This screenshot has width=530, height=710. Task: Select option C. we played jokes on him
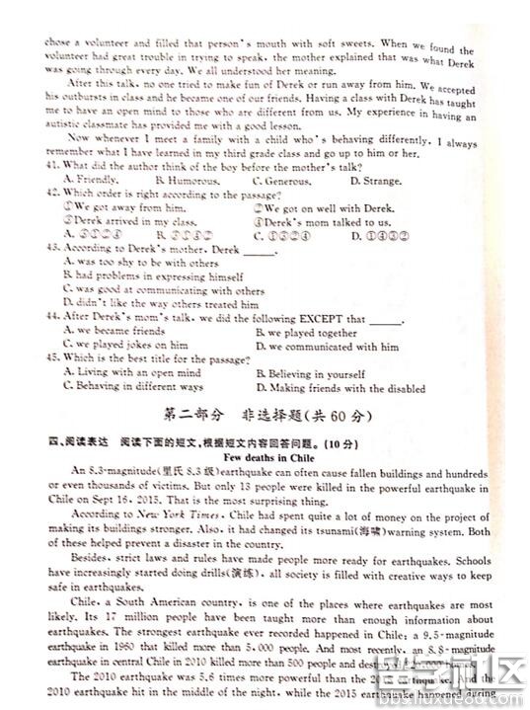[x=125, y=346]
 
